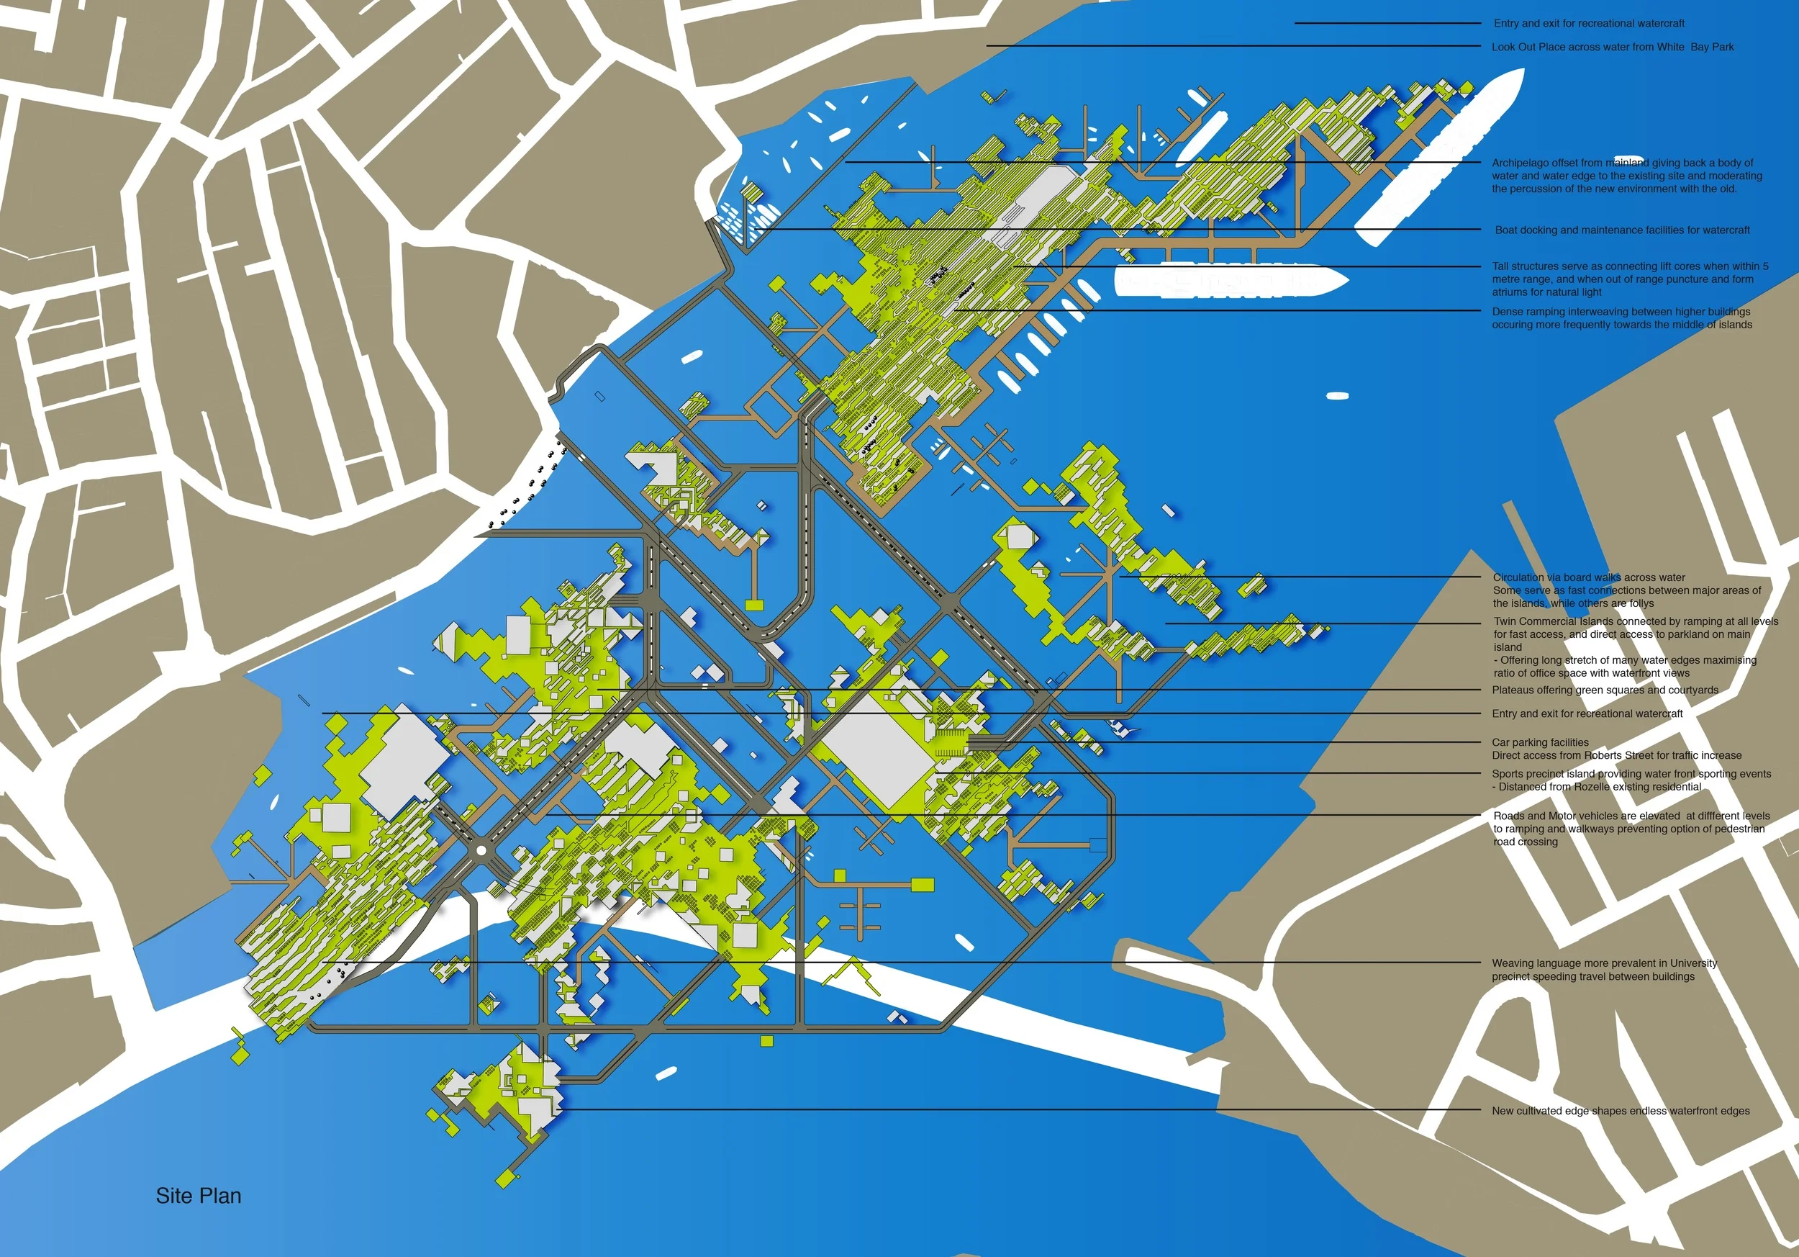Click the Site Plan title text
point(198,1195)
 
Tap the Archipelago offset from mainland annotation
point(1626,176)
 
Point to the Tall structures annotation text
point(1629,279)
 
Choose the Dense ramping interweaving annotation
point(1621,318)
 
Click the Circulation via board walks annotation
point(1626,590)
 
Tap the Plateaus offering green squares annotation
point(1605,690)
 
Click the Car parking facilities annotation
point(1616,749)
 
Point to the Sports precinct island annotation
point(1631,780)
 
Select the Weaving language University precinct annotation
point(1603,970)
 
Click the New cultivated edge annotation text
point(1621,1110)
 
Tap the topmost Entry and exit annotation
point(1589,24)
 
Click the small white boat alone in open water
point(1337,396)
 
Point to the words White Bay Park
point(1711,47)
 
